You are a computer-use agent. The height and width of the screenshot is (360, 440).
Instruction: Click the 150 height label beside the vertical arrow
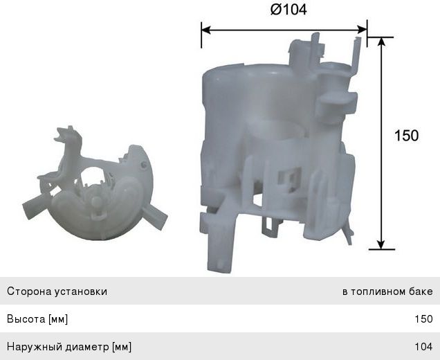tap(406, 136)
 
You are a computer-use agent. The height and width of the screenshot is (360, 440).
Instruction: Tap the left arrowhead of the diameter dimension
tap(205, 30)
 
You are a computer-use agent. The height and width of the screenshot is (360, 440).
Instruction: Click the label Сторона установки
tap(57, 291)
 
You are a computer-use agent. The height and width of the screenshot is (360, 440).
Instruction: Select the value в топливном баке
tap(387, 291)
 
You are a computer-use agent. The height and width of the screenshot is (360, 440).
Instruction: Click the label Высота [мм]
tap(37, 319)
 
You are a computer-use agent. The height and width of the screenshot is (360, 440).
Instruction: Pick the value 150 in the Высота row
tap(423, 319)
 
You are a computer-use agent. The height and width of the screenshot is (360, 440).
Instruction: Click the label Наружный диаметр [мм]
tap(69, 346)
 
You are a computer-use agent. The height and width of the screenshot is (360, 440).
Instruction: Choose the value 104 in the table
tap(423, 346)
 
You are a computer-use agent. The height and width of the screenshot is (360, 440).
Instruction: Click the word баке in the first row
tap(420, 291)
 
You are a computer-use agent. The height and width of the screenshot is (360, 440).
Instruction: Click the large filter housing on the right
tap(277, 152)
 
